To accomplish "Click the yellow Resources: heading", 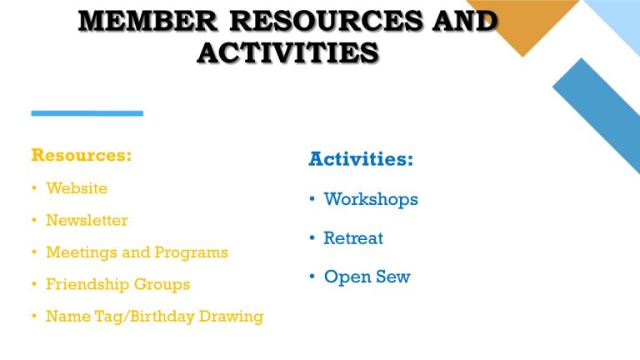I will (81, 155).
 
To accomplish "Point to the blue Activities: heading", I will (361, 158).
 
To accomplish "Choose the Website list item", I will (77, 188).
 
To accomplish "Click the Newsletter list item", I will (87, 220).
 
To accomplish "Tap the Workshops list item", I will (371, 199).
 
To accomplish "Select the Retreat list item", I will (353, 238).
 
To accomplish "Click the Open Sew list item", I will (367, 277).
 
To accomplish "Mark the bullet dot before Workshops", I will (312, 199).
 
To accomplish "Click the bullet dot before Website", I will (34, 188).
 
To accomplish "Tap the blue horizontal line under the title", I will (87, 112).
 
